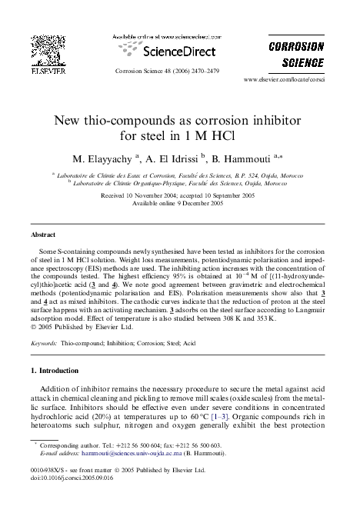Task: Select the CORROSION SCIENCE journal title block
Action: (295, 55)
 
